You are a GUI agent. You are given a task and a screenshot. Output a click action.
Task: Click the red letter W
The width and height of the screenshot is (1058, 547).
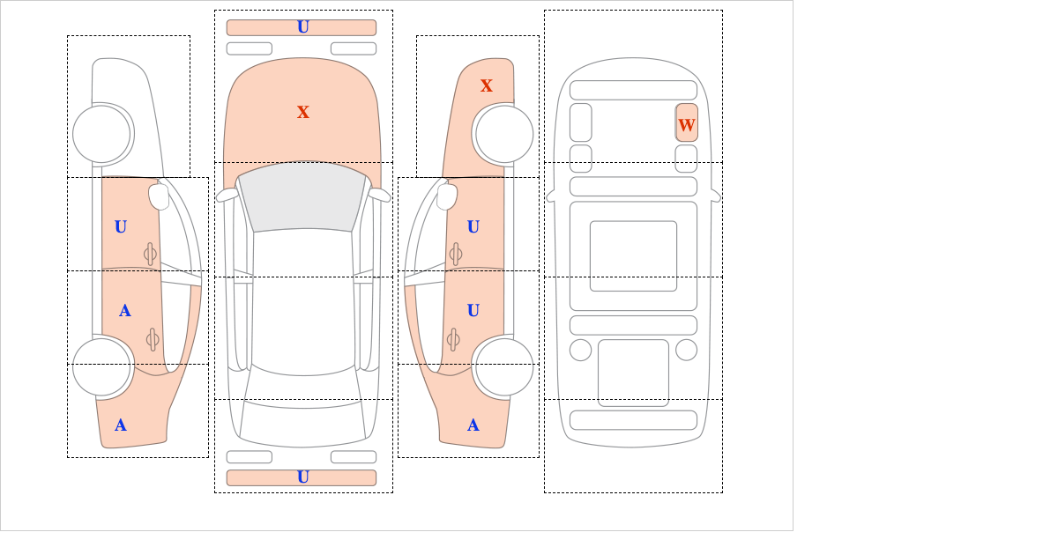tap(686, 125)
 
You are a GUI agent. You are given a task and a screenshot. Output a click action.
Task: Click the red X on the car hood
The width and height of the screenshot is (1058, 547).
tap(303, 112)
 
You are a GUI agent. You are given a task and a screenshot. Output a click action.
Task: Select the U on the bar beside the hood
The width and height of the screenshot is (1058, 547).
tap(303, 27)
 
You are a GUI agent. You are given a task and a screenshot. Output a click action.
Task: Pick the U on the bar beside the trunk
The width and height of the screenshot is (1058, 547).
tap(303, 477)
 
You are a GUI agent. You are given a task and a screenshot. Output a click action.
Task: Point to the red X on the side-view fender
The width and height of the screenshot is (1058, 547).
tap(487, 85)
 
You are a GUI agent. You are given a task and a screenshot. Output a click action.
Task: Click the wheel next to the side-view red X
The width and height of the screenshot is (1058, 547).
tap(504, 134)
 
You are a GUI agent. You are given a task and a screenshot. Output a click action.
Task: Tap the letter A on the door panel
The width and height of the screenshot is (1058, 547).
tap(124, 311)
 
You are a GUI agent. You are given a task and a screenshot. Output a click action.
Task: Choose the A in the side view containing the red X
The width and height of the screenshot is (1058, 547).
tap(473, 425)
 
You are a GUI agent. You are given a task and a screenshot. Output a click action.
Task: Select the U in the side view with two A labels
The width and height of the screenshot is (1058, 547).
tap(121, 227)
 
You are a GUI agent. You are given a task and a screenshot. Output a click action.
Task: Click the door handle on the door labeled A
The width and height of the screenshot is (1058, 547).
tap(152, 339)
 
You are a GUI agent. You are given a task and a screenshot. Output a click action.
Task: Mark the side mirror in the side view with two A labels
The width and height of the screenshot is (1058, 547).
tap(160, 196)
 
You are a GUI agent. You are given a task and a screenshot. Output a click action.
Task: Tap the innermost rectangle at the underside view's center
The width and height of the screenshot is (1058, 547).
tap(633, 255)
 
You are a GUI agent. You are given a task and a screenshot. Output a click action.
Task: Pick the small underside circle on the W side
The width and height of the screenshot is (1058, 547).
tap(686, 350)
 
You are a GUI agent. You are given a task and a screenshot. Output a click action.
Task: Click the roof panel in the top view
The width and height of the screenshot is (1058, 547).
tap(303, 302)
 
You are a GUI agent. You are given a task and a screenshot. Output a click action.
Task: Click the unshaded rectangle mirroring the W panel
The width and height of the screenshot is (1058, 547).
tap(581, 122)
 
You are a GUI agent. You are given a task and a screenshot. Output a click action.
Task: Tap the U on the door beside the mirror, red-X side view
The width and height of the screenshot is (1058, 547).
tap(473, 227)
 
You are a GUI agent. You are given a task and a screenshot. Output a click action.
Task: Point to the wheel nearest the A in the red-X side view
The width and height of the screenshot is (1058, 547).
tap(504, 366)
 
